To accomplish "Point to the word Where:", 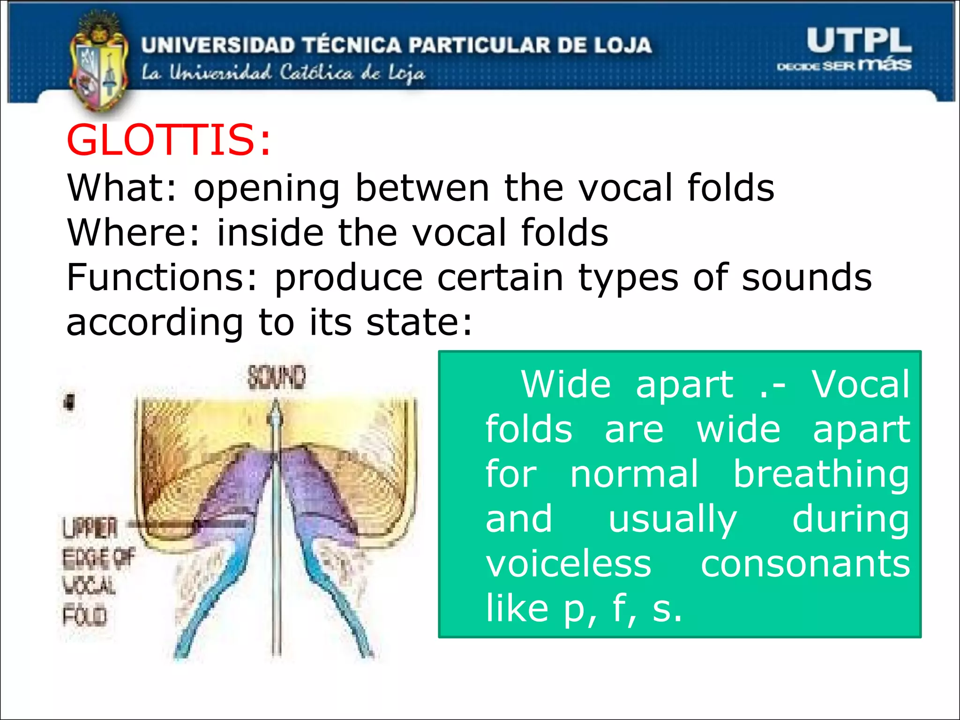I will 133,232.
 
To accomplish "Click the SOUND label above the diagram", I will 277,377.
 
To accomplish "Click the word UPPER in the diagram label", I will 90,529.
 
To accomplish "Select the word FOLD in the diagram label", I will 85,615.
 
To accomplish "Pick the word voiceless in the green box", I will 568,564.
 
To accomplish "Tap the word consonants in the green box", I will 805,564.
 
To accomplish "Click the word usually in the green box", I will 673,520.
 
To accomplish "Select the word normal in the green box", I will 634,474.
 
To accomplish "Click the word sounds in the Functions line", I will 807,277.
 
